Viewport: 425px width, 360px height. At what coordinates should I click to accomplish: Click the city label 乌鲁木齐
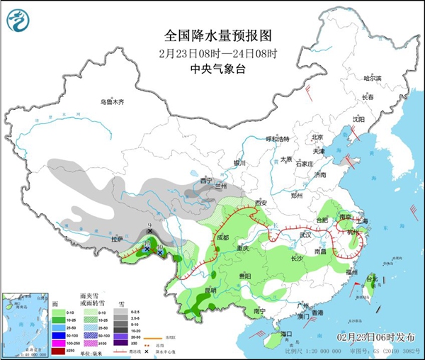(111, 102)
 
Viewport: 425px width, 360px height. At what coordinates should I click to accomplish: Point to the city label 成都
(222, 237)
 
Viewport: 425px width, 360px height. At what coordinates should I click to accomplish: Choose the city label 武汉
(306, 235)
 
